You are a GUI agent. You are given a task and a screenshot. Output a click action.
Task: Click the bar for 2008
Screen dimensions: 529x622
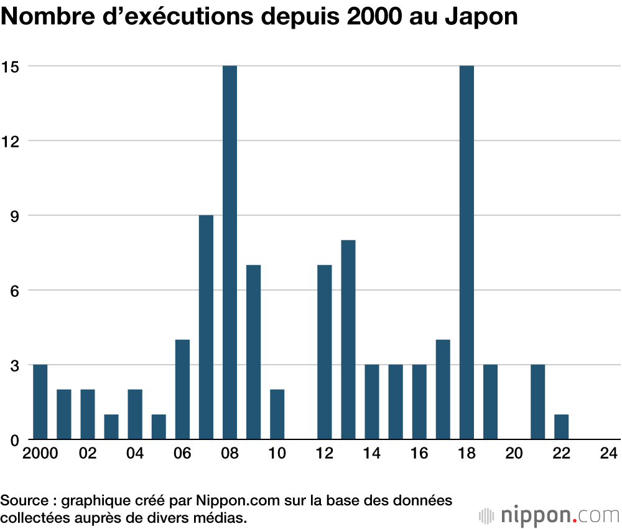(x=230, y=252)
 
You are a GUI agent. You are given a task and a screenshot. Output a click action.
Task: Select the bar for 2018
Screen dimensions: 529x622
(x=466, y=252)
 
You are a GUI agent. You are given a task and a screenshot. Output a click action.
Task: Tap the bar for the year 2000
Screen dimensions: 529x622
(x=40, y=402)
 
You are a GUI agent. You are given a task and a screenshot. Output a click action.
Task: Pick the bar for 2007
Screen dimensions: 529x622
(x=206, y=327)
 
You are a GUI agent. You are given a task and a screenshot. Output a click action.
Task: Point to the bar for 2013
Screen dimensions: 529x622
(x=348, y=340)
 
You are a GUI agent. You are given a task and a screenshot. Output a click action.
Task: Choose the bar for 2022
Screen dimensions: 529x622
(x=561, y=427)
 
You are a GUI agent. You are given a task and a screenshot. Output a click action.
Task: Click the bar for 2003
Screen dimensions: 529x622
(x=111, y=427)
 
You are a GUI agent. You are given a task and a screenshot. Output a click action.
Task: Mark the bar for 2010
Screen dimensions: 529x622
(x=277, y=414)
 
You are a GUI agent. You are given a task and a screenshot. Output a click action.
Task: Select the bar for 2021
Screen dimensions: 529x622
(x=537, y=402)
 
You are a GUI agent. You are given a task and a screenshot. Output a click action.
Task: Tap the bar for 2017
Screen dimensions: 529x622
(x=443, y=390)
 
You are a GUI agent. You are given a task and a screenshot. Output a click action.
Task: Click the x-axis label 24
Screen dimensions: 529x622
(x=609, y=454)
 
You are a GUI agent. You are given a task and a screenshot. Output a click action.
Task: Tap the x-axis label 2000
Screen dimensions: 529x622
(x=40, y=454)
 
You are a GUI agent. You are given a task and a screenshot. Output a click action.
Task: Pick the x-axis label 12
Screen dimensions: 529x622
(x=325, y=454)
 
